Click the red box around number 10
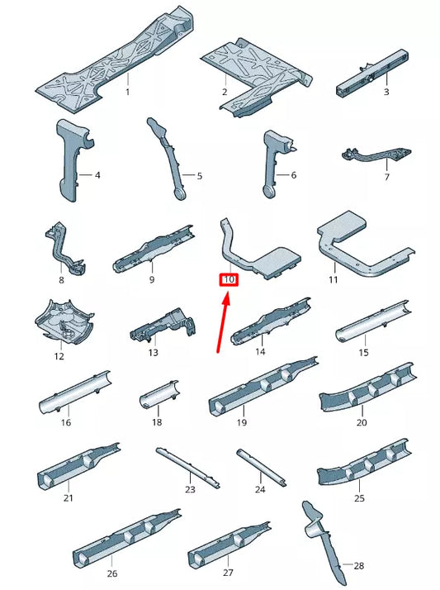point(229,279)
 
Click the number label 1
point(127,92)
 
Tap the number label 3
point(386,92)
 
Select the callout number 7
point(386,177)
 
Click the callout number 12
point(59,356)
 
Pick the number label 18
point(157,422)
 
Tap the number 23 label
point(190,489)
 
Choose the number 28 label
point(359,565)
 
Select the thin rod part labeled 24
point(261,468)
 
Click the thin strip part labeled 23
point(188,468)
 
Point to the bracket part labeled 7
point(376,155)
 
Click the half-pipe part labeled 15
point(373,321)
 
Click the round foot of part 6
point(269,192)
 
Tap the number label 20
point(362,422)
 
